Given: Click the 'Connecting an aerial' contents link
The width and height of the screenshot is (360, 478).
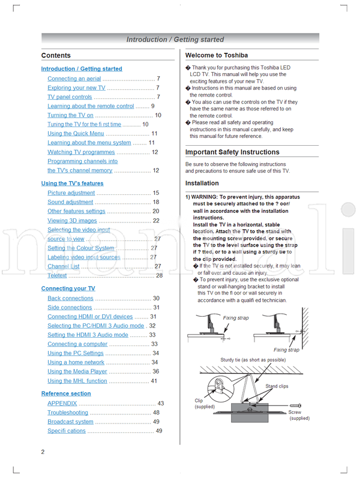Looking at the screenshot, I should coord(74,79).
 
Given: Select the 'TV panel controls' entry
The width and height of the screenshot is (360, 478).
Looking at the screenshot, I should coord(70,97).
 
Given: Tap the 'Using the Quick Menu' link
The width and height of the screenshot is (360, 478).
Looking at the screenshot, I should coord(76,134).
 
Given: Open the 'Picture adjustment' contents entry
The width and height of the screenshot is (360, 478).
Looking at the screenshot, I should coord(71,193).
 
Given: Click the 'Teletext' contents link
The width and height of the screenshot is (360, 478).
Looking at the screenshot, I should coord(57,276).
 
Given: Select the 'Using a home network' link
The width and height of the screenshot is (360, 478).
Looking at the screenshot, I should coord(76,362).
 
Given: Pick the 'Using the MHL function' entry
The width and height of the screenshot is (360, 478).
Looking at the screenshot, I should coord(77,381).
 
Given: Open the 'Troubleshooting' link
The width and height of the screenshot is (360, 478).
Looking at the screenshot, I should coord(68,413).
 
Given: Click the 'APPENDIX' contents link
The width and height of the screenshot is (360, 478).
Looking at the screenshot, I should coord(62,404).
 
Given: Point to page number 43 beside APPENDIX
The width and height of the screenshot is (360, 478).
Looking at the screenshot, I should coord(160,404).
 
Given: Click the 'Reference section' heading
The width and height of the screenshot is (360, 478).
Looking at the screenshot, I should coord(66,393).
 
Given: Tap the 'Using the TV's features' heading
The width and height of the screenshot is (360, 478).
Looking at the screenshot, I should coord(72,184).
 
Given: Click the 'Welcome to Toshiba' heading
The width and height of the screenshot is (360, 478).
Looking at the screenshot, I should coord(216,55).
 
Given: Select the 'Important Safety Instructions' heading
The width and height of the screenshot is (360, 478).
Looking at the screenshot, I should coord(232,152).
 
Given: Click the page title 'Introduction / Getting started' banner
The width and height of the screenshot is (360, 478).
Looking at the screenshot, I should coord(175,40).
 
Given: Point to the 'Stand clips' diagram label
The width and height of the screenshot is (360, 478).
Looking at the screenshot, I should coord(277,387).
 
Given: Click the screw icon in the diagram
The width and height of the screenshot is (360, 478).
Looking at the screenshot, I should coord(295,406).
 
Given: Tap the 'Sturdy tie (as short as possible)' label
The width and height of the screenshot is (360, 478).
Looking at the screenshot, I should coord(253,360).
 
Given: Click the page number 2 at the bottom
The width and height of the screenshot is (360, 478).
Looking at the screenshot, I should coord(43,451).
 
